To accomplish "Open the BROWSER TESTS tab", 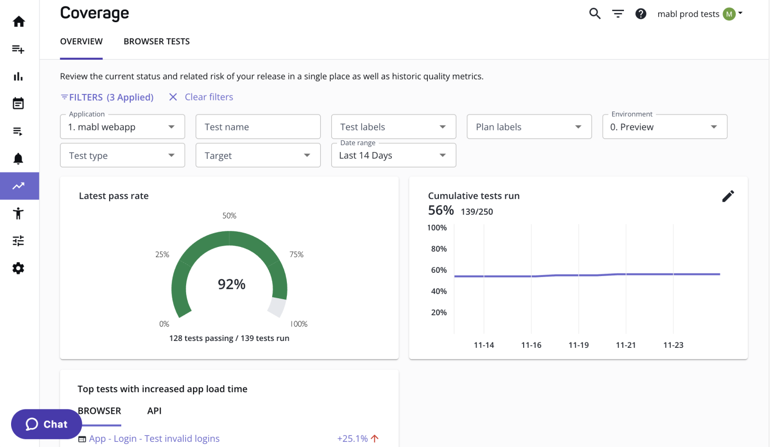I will (x=157, y=42).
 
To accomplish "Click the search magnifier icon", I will (x=594, y=14).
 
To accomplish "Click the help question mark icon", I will (x=641, y=14).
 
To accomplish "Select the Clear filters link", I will (x=208, y=97).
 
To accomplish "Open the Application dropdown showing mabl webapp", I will (x=122, y=127).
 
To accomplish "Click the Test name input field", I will (x=258, y=127).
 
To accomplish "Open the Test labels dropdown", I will (x=393, y=127).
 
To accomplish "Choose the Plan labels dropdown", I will (x=529, y=127).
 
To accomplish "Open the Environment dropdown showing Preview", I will (x=665, y=127).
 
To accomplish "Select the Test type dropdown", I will (x=122, y=156).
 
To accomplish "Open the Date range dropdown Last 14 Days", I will (x=393, y=156).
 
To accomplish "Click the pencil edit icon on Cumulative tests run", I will (x=728, y=196).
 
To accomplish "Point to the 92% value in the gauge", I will (x=232, y=284).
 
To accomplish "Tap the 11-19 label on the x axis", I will (x=579, y=345).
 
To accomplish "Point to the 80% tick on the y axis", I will (x=439, y=249).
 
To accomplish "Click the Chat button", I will (x=46, y=424).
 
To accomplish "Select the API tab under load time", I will (x=154, y=411).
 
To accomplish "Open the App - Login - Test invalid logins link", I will (x=154, y=439).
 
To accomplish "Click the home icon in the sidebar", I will (x=18, y=22).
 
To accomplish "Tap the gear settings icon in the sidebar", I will (x=18, y=268).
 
